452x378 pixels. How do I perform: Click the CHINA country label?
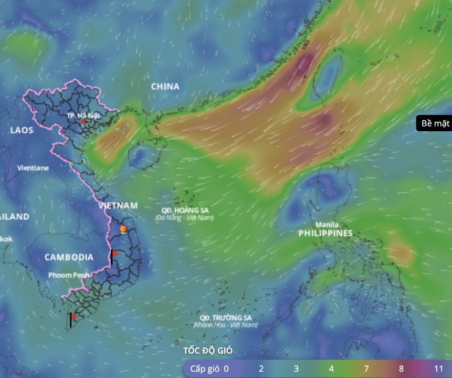coord(165,87)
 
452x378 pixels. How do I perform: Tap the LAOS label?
coord(22,130)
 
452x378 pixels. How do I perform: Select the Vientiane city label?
coord(33,168)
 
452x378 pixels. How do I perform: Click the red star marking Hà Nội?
coord(83,122)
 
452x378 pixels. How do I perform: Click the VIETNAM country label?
coord(118,206)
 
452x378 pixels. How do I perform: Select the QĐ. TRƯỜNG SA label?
coord(225,318)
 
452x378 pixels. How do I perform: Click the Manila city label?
coord(327,225)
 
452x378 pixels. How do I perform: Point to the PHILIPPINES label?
coord(325,233)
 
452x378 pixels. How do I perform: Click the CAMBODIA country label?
coord(69,257)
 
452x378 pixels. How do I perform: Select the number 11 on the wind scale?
coord(439,369)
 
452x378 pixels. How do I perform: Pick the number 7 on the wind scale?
coord(366,369)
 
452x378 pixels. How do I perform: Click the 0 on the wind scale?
coord(226,369)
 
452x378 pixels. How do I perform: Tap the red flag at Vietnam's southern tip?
coord(74,317)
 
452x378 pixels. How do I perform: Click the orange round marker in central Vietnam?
coord(123,229)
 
